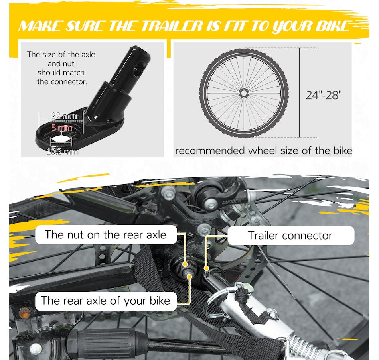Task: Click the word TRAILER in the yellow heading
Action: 172,26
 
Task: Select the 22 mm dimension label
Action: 64,116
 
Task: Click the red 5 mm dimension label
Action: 62,128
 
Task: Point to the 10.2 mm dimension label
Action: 62,152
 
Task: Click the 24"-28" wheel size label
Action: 324,95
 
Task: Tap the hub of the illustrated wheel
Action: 244,93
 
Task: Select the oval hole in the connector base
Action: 61,139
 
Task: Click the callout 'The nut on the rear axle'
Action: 106,234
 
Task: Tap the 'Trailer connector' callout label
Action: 290,235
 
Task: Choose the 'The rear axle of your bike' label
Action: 106,301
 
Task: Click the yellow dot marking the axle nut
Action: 185,264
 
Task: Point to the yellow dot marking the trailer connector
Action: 206,268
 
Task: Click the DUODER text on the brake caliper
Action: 231,201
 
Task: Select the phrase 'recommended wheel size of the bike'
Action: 264,151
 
